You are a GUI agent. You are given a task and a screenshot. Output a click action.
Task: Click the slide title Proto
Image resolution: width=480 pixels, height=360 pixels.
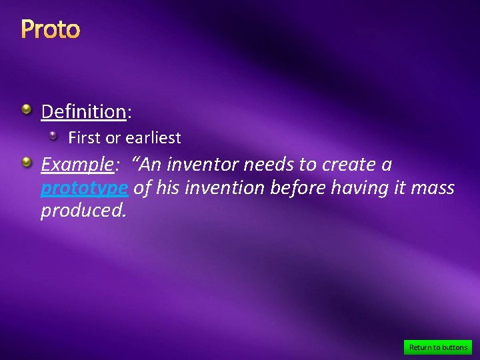pyautogui.click(x=51, y=29)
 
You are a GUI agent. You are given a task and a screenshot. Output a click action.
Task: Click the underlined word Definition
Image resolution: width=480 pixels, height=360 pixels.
pyautogui.click(x=83, y=111)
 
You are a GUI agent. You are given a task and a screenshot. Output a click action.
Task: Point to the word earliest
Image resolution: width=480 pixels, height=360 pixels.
pyautogui.click(x=153, y=138)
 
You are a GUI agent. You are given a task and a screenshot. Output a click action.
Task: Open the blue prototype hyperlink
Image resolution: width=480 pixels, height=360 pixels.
pyautogui.click(x=84, y=189)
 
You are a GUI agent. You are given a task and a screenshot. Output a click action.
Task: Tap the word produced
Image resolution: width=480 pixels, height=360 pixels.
pyautogui.click(x=83, y=211)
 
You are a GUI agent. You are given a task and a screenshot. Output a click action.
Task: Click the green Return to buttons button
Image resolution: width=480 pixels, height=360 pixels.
pyautogui.click(x=438, y=347)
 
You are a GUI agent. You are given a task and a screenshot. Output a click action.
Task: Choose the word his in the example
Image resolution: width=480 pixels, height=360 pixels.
pyautogui.click(x=167, y=189)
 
